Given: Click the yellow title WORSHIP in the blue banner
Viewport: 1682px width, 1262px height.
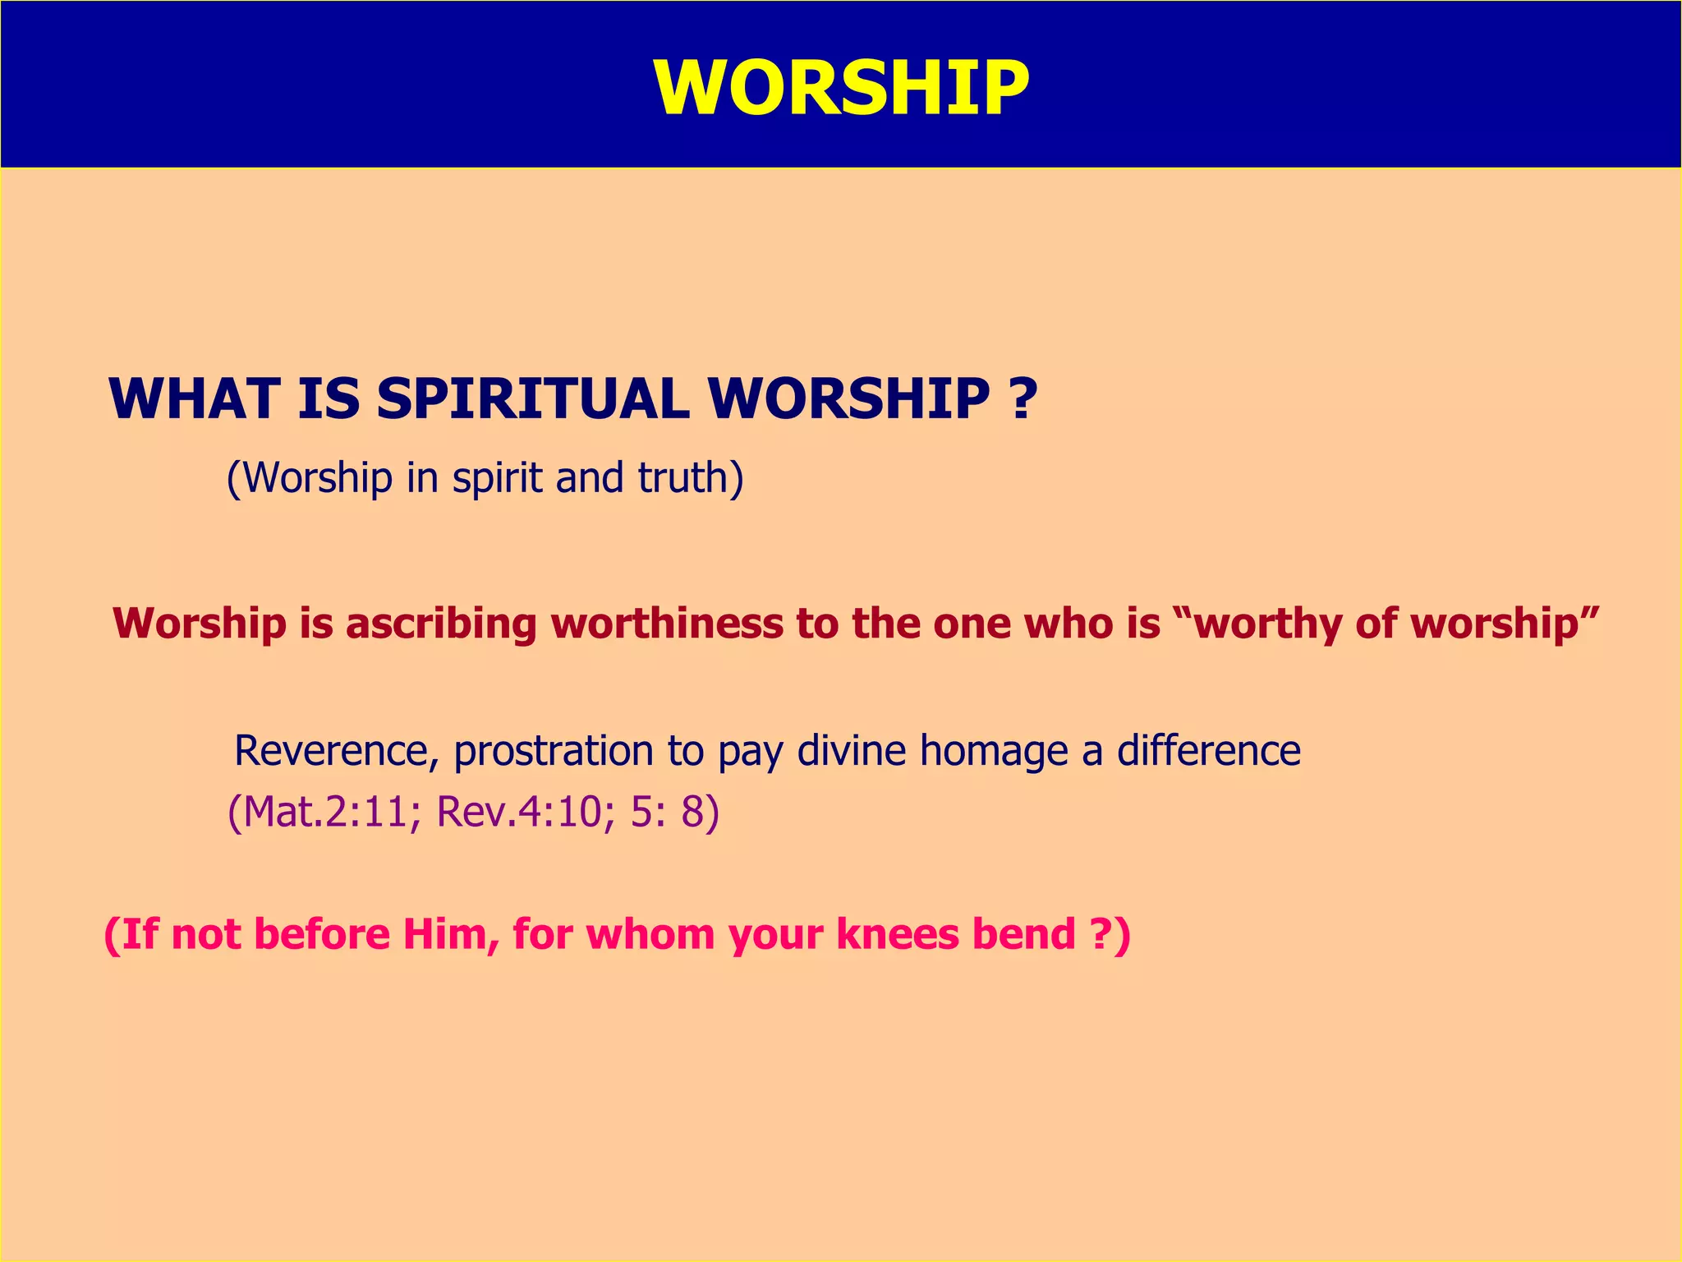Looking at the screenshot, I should [841, 88].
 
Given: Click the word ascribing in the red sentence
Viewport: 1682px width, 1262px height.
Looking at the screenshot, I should [442, 624].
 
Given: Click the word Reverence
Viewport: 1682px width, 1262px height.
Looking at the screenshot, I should [336, 751].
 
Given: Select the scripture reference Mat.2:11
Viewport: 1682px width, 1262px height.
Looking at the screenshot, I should [324, 813].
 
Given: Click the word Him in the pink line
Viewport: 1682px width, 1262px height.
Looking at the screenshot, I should [449, 935].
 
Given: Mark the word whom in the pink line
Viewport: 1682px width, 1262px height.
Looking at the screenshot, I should [650, 935].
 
